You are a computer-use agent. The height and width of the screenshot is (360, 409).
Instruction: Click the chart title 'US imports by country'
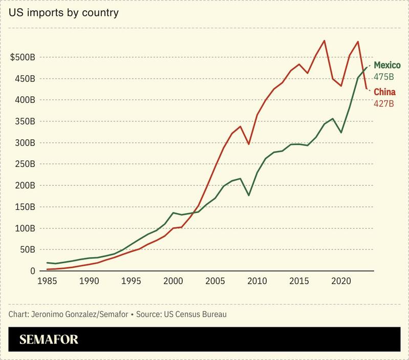click(x=63, y=12)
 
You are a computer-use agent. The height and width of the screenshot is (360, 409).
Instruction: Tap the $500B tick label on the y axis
click(x=23, y=57)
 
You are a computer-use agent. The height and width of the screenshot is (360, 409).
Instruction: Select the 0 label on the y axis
click(x=32, y=271)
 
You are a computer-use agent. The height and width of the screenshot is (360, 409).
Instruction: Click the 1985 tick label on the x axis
click(x=47, y=281)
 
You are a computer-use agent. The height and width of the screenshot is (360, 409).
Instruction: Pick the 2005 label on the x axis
click(x=215, y=281)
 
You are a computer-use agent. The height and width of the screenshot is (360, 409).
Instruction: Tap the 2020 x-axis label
click(x=341, y=281)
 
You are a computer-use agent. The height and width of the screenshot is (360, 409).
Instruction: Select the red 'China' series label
click(x=384, y=92)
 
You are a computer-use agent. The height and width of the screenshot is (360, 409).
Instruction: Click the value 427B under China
click(x=383, y=104)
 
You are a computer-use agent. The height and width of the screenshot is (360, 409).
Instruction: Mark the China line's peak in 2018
click(x=324, y=40)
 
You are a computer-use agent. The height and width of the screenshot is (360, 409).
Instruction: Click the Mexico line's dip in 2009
click(x=248, y=195)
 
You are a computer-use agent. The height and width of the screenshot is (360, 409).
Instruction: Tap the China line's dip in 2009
click(x=248, y=144)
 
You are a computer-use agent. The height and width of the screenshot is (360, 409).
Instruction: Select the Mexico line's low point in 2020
click(x=341, y=133)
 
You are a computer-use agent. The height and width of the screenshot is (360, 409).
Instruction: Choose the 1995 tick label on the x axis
click(x=131, y=281)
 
